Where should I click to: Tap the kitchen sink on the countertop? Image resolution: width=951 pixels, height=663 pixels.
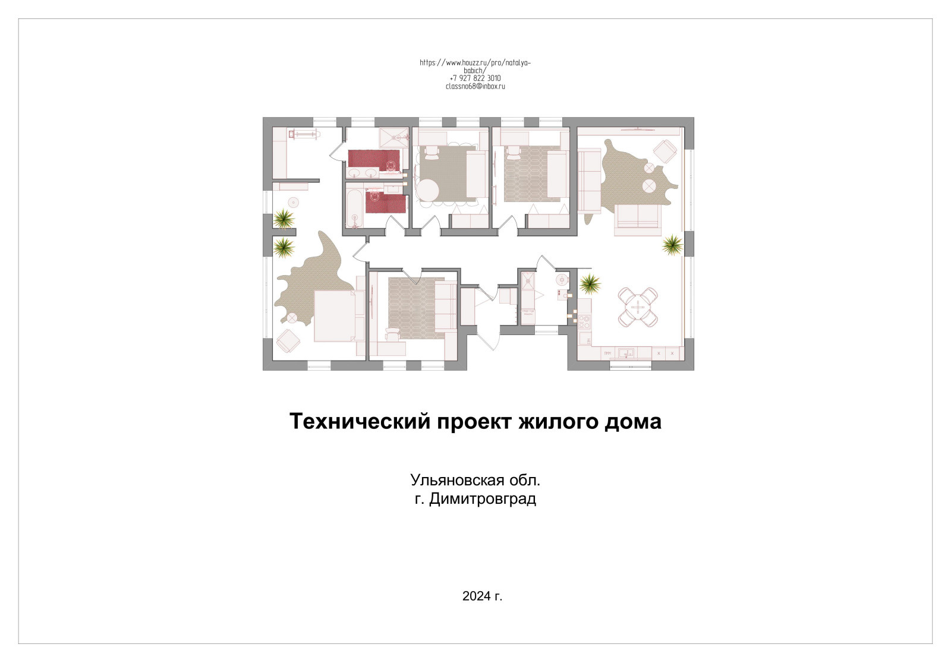pos(626,353)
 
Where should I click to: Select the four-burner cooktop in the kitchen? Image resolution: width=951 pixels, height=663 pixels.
pos(584,322)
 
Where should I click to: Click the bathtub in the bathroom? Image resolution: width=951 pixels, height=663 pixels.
pos(355,206)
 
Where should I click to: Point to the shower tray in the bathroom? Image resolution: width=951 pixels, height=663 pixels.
pos(394,138)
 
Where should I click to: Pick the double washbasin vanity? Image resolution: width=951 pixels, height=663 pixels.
pos(363,173)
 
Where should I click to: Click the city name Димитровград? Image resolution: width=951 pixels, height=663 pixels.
pos(483,498)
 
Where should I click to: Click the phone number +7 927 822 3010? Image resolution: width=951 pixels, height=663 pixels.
pos(475,78)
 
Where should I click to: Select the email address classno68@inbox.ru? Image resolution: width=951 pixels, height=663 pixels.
pos(475,87)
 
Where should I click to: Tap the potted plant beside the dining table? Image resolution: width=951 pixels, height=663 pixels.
pos(590,284)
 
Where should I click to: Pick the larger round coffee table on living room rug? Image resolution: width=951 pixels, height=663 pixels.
pos(648,186)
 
